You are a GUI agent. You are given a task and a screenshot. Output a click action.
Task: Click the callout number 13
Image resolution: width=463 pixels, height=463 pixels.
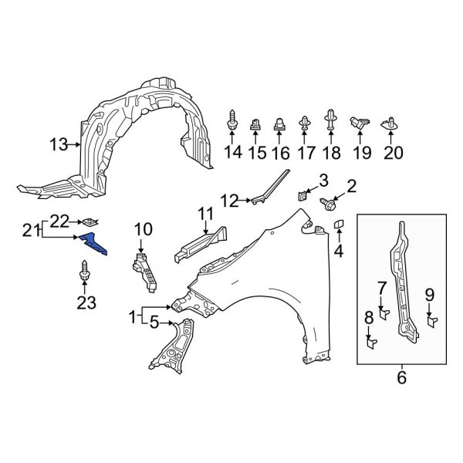(x=59, y=144)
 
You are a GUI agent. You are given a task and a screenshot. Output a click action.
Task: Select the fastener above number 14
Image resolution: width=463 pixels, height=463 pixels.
(x=232, y=121)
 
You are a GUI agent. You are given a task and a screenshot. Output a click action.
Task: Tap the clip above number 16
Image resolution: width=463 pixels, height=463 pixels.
(x=280, y=123)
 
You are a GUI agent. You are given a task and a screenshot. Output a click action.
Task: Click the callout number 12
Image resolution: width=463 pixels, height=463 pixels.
(x=230, y=201)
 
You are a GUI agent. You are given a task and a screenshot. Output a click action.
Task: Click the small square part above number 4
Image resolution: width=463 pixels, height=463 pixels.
(x=338, y=225)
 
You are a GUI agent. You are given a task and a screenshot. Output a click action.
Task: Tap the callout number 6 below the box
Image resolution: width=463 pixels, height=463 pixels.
(x=401, y=378)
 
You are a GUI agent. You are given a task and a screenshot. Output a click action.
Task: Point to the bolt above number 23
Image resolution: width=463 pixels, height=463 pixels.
(x=84, y=272)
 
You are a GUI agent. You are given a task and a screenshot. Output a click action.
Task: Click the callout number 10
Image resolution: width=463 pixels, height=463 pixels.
(x=144, y=228)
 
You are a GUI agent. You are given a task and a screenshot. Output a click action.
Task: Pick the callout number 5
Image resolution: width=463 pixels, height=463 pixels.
(x=153, y=323)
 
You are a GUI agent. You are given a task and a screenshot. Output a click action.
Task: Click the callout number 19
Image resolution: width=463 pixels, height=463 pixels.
(x=361, y=153)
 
